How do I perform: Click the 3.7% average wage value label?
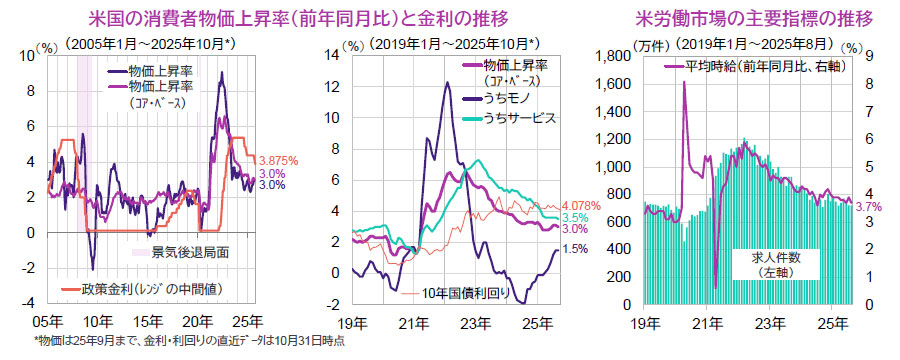(x=869, y=205)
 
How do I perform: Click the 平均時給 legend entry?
(x=756, y=66)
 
